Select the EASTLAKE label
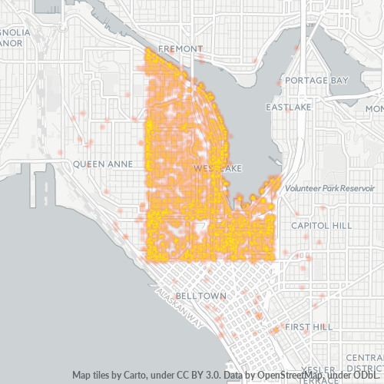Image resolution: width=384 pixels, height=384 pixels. click(x=289, y=108)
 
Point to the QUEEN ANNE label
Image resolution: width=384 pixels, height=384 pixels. click(x=104, y=164)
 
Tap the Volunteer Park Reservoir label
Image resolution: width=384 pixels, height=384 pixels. click(x=328, y=188)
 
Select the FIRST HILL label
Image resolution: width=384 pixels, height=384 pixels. click(x=308, y=327)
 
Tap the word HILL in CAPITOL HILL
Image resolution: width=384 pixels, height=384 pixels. click(x=340, y=225)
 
